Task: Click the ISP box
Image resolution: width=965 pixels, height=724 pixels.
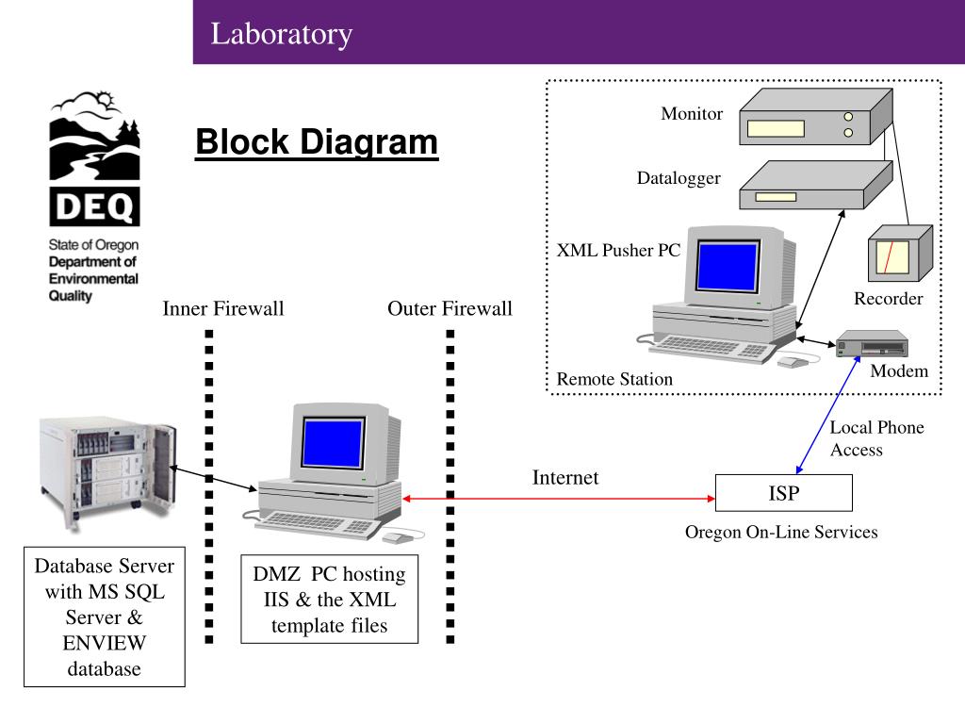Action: (783, 492)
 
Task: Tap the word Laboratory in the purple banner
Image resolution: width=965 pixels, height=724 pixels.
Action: (281, 34)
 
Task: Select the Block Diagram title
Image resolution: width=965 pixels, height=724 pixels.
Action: (317, 142)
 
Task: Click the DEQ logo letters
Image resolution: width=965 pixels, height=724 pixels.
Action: (94, 206)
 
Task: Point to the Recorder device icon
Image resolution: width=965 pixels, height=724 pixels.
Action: (900, 253)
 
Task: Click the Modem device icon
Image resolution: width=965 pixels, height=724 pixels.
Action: (872, 343)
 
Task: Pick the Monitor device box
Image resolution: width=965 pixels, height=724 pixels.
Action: (815, 116)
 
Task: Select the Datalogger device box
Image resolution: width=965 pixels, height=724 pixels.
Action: (815, 185)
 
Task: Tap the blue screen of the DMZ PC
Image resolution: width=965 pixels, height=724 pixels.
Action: (333, 443)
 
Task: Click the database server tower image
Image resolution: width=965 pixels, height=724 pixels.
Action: (107, 471)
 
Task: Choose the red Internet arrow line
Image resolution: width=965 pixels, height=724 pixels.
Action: (559, 499)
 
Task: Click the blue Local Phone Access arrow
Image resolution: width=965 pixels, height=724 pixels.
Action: (827, 415)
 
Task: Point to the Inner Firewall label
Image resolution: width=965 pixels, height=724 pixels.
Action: (222, 308)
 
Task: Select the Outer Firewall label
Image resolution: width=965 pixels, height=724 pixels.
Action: (450, 308)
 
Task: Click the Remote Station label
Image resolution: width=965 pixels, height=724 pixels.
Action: (614, 379)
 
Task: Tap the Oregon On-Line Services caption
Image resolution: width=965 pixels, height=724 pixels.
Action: (781, 532)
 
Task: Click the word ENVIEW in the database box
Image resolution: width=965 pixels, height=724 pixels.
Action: (104, 643)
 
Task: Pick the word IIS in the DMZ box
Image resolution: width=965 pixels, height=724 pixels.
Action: (276, 600)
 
